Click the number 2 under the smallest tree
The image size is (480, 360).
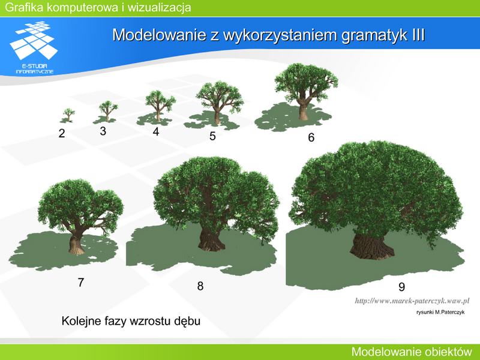point(62,133)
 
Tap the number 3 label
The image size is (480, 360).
point(103,131)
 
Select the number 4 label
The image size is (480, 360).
point(156,131)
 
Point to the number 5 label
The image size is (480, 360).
point(212,136)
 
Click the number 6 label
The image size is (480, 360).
point(311,137)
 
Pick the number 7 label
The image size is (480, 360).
point(81,282)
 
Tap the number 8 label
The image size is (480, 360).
point(200,286)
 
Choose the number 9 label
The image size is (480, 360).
point(401,287)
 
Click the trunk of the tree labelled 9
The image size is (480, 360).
point(372,247)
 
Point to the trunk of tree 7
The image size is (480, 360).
point(76,244)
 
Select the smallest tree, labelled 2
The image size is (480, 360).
point(68,115)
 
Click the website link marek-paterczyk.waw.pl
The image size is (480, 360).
point(412,301)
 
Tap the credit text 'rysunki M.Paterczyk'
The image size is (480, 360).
point(440,312)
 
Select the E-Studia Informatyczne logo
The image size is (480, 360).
point(34,47)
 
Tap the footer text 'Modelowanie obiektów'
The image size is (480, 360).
point(412,352)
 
